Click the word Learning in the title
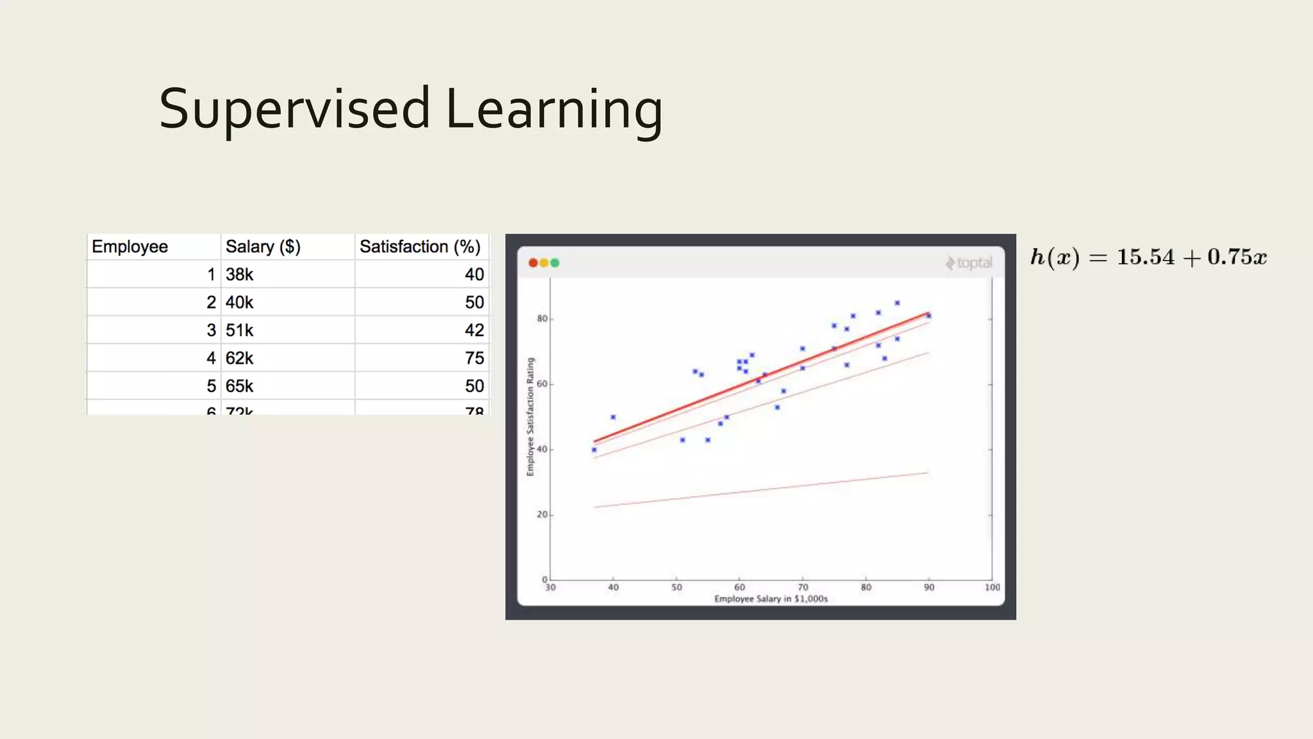554,109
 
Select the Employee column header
130,247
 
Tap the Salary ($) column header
263,247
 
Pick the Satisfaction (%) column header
420,247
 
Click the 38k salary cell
239,275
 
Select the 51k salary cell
239,330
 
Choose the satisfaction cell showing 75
474,358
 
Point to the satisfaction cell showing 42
474,330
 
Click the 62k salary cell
239,358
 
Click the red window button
533,263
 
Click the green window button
555,263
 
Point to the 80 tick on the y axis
542,319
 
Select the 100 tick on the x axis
992,587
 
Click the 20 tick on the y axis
542,514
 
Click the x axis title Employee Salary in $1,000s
771,599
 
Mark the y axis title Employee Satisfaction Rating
530,417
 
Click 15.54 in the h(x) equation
1146,257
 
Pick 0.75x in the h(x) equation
1237,257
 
